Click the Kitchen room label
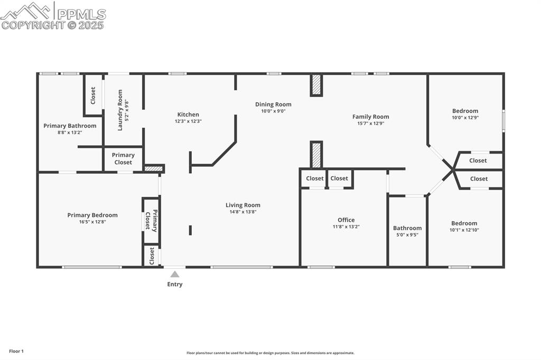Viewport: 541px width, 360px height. [188, 115]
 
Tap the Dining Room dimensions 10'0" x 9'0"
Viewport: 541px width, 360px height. [273, 111]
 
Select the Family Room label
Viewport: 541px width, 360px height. [370, 117]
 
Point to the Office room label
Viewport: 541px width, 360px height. [346, 220]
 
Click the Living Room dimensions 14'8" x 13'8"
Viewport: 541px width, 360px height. [243, 212]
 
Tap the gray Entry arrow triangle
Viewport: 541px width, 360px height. [175, 274]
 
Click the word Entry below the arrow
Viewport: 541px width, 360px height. [175, 285]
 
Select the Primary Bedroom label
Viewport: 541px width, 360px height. [92, 215]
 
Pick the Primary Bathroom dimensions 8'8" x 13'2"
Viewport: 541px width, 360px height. [70, 132]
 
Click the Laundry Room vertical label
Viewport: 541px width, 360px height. [120, 109]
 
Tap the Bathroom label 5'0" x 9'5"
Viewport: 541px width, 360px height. [407, 235]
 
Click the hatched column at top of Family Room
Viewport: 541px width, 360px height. [316, 84]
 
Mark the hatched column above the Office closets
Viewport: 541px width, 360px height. [316, 155]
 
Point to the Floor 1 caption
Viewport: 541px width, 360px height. [16, 351]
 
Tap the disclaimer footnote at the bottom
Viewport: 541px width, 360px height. [270, 353]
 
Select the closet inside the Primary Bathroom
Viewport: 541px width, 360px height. [93, 95]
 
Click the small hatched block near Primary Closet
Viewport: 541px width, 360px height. [154, 169]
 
